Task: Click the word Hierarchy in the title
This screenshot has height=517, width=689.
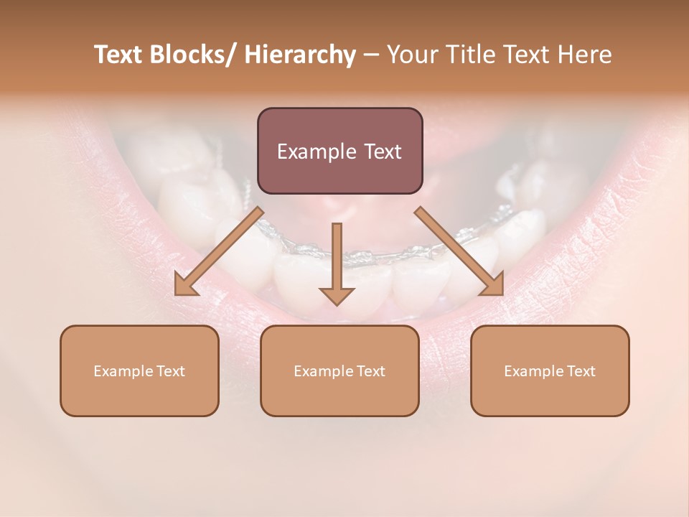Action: coord(300,55)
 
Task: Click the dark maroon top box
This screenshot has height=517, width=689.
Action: coord(339,151)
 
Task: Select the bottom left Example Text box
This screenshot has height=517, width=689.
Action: coord(139,371)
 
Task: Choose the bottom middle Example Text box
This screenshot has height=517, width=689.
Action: coord(339,371)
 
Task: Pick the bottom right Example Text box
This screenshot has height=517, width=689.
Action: coord(550,371)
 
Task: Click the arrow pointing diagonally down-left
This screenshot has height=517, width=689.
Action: coord(219,251)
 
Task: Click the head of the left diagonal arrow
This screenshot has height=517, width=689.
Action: coord(184,286)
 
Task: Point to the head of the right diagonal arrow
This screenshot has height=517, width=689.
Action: coord(493,286)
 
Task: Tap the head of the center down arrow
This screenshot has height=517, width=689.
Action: coord(337,295)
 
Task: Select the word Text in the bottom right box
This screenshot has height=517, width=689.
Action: coord(581,371)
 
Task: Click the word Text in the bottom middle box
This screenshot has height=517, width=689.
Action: coord(370,371)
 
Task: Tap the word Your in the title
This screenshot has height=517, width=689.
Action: coord(411,55)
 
